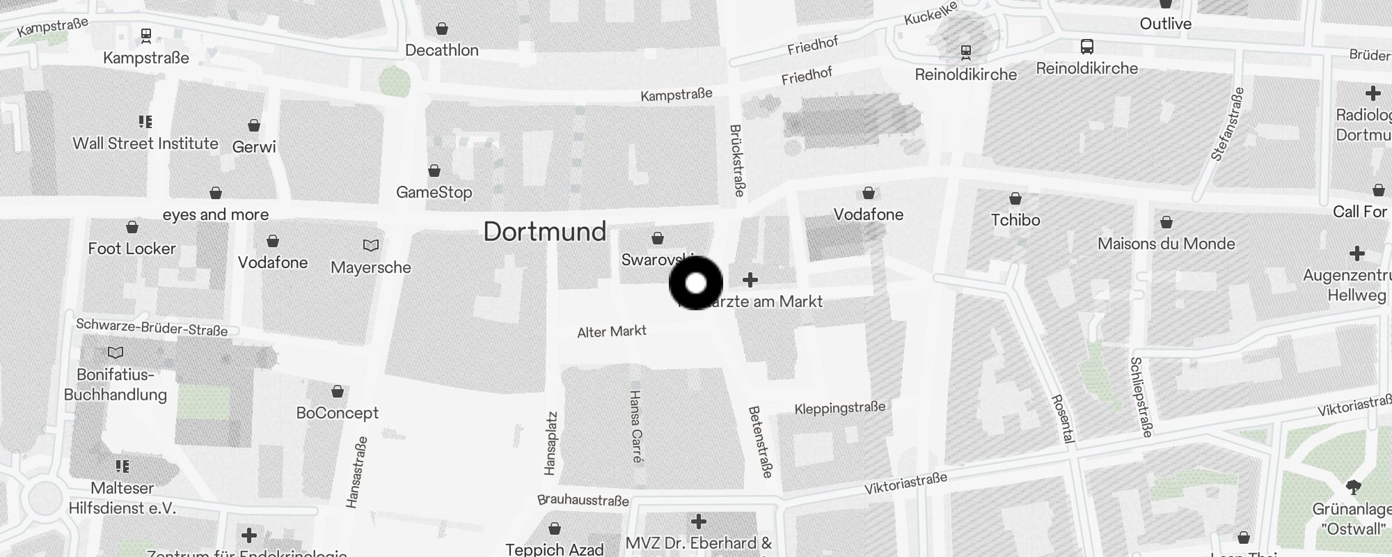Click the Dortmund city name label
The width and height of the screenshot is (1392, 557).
(545, 232)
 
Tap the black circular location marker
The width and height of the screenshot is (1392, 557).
(696, 283)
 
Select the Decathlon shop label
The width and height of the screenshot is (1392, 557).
(442, 50)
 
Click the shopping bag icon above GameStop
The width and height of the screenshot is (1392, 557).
(434, 171)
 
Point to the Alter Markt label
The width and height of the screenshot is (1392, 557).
(612, 331)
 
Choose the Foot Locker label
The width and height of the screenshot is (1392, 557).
(132, 249)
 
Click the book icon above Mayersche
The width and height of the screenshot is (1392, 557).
(371, 245)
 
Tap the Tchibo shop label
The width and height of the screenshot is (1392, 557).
(1015, 220)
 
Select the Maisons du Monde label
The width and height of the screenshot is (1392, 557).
(1166, 244)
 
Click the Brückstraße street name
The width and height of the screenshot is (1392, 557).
(737, 160)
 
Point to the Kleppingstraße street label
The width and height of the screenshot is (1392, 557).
(840, 408)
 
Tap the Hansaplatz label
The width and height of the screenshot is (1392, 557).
(551, 444)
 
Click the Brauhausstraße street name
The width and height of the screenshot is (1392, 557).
(583, 501)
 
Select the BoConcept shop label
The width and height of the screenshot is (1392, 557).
(338, 413)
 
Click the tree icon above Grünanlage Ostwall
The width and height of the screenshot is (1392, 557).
(1353, 487)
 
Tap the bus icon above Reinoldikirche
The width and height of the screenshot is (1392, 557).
(1087, 47)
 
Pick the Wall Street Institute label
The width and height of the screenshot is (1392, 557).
(145, 143)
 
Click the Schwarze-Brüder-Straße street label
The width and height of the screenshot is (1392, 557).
(152, 327)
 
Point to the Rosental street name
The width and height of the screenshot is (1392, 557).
(1063, 418)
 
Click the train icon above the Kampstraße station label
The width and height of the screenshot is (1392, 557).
(146, 35)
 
